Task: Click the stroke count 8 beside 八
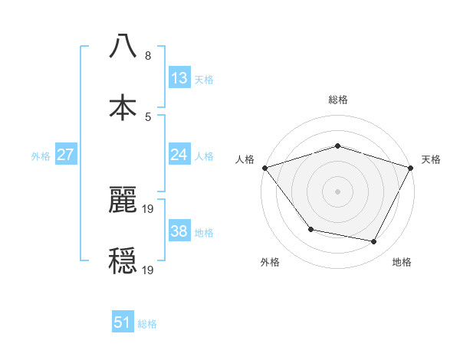[148, 56]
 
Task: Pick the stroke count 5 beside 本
[148, 116]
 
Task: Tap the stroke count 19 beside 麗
[149, 208]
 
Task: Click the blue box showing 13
[179, 78]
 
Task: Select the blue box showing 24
[179, 155]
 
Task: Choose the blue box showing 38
[179, 231]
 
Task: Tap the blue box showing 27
[66, 155]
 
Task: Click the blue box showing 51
[123, 323]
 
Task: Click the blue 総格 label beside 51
[147, 324]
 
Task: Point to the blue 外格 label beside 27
[41, 156]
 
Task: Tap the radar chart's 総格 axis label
[338, 100]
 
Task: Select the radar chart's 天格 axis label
[431, 159]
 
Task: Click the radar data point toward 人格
[264, 168]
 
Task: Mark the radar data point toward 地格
[374, 242]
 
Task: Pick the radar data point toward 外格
[310, 229]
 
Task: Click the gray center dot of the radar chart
[338, 191]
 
